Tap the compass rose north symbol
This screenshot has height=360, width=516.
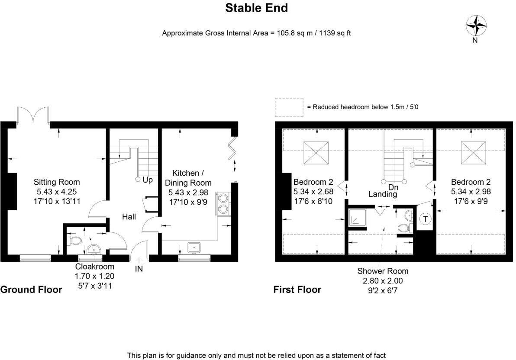click(x=476, y=26)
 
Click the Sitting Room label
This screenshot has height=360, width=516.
click(x=57, y=182)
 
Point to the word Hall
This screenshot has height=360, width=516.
click(x=129, y=216)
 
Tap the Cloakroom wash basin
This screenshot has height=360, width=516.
click(x=93, y=250)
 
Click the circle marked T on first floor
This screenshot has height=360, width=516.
click(x=425, y=219)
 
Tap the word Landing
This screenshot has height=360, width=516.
click(x=383, y=195)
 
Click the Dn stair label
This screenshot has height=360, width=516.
click(x=393, y=187)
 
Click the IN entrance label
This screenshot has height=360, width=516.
click(x=139, y=269)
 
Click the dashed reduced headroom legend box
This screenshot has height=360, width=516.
click(x=289, y=107)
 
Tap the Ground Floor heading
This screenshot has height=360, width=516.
click(x=31, y=289)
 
